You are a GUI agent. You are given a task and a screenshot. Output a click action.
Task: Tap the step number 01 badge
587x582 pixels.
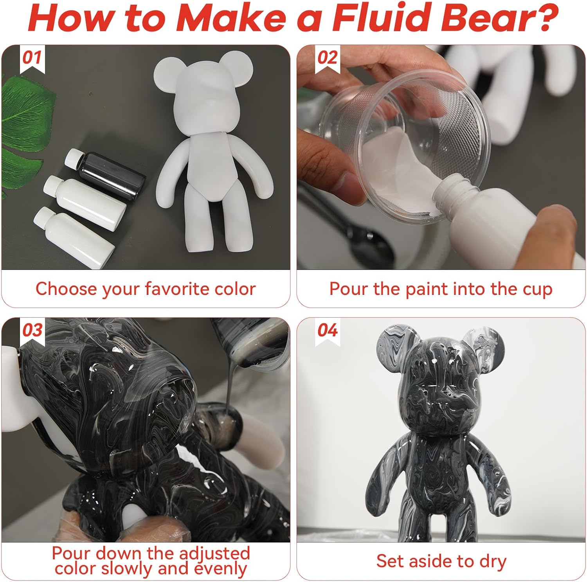pos(32,58)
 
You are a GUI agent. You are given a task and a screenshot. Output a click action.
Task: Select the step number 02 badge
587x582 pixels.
pos(327,58)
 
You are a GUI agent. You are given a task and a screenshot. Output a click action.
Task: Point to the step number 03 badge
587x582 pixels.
pos(32,331)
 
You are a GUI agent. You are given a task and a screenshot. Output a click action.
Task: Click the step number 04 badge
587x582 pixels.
pos(327,331)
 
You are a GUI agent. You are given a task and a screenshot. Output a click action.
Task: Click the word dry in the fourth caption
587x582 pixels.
pos(492,561)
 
